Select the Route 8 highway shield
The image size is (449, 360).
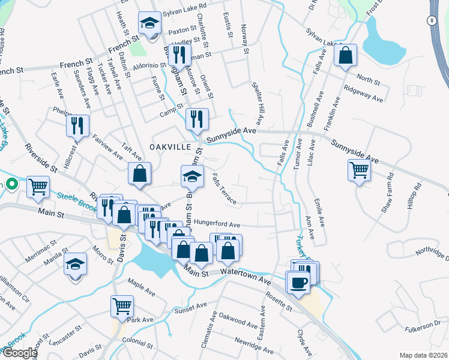432,20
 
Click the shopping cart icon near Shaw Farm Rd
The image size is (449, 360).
359,170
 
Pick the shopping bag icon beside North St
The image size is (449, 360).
346,56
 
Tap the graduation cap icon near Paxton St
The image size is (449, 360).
149,23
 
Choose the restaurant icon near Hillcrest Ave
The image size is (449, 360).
77,125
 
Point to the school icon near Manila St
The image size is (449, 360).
76,263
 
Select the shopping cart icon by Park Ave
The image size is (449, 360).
122,305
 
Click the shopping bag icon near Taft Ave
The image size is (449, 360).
139,174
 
